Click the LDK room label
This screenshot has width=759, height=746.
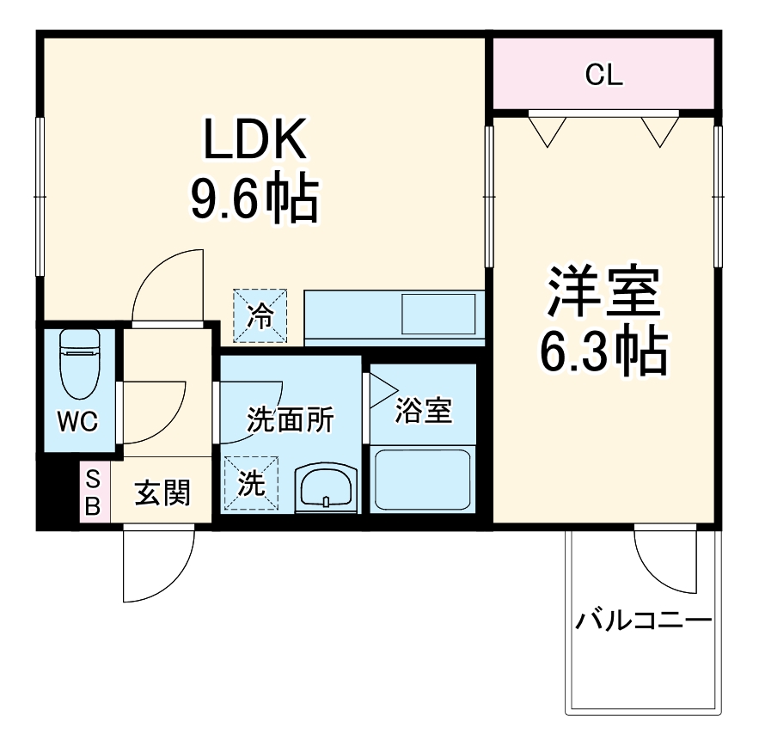254,138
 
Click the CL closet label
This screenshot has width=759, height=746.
603,76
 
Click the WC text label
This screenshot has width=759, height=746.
78,421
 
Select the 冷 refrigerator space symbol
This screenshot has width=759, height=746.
260,315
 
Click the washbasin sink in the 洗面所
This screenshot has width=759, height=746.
326,488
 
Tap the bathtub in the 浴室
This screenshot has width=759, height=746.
423,479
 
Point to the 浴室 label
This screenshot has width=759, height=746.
423,411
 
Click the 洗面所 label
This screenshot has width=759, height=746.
290,419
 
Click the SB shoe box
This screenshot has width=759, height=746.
93,492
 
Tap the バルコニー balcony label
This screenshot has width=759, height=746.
644,620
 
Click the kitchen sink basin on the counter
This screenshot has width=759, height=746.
438,314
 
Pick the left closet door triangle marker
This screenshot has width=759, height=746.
547,130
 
